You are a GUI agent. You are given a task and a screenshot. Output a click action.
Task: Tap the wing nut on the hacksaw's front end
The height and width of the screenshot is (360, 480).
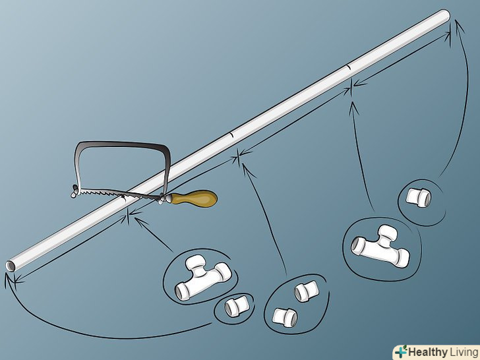click(75, 191)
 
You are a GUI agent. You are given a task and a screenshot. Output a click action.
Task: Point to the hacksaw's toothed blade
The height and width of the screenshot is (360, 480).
click(119, 194)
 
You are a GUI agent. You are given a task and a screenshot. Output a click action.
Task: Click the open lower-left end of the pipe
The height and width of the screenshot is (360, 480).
click(11, 266)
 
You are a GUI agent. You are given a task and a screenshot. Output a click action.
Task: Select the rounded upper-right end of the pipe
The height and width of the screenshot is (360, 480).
click(444, 15)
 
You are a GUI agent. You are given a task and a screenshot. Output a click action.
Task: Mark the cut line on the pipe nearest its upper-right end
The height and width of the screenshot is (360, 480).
click(348, 68)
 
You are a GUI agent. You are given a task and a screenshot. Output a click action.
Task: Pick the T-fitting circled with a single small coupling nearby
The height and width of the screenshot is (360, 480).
click(202, 278)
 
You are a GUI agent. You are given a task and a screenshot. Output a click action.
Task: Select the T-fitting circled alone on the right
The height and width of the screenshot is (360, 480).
click(380, 247)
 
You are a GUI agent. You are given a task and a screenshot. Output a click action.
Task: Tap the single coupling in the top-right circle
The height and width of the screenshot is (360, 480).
click(418, 197)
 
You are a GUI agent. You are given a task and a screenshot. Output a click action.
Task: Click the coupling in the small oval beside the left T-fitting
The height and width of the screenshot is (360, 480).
click(236, 306)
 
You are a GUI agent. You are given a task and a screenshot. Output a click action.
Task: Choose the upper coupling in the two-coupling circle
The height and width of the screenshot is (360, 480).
click(306, 291)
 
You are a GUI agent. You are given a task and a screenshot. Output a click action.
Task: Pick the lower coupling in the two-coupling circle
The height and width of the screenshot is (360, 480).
click(285, 317)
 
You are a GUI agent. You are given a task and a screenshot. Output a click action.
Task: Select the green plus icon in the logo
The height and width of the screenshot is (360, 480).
click(401, 351)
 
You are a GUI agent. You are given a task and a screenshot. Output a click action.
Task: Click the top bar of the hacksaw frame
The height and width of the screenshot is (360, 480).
click(123, 144)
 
